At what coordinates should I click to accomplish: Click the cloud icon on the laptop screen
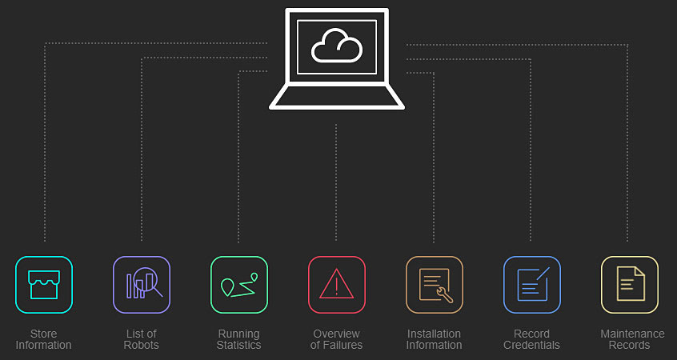click(x=336, y=46)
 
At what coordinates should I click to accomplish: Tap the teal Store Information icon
click(x=44, y=284)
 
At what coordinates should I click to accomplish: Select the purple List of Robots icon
click(x=142, y=284)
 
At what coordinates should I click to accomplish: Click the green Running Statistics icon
click(x=239, y=284)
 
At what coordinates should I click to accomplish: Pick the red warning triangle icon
click(x=337, y=284)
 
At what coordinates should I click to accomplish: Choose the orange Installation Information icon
click(x=435, y=284)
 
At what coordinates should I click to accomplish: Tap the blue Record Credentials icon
click(x=532, y=284)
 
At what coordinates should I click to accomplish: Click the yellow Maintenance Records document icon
click(x=630, y=284)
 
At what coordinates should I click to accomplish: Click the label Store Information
click(x=44, y=339)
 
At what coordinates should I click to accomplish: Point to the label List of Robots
click(x=142, y=339)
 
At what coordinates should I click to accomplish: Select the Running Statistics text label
click(x=239, y=339)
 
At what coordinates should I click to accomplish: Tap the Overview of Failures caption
click(x=337, y=339)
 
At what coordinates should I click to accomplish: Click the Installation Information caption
click(x=435, y=339)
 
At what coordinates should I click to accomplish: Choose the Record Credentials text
click(x=532, y=339)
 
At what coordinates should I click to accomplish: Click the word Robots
click(x=142, y=346)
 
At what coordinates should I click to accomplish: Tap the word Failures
click(x=345, y=346)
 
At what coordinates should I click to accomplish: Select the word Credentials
click(x=532, y=346)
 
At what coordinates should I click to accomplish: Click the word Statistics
click(x=239, y=346)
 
